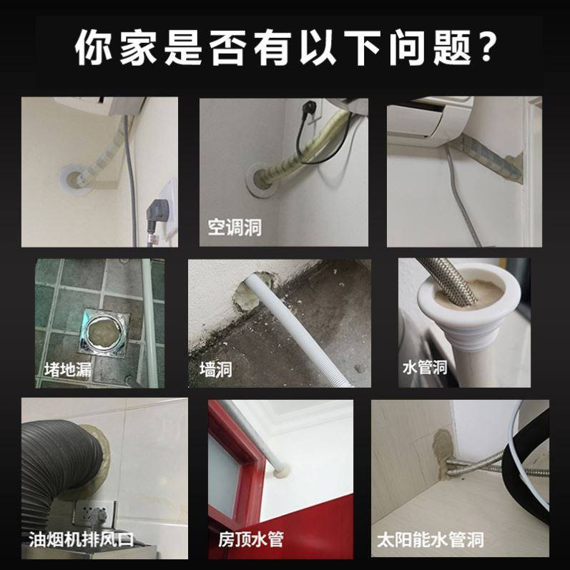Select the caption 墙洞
(x=216, y=370)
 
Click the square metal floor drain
(x=105, y=332)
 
